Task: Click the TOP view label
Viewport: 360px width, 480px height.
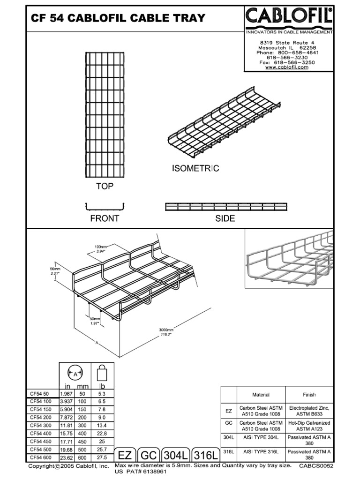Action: (x=105, y=187)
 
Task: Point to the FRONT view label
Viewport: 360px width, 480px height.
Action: (x=105, y=218)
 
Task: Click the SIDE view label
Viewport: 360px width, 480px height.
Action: (x=225, y=218)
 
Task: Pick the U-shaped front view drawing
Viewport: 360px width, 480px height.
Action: (x=105, y=206)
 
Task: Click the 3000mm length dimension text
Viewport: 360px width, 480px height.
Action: (x=165, y=330)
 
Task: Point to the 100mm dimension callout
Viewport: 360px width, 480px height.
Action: (x=101, y=247)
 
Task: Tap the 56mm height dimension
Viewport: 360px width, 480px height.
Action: (x=56, y=269)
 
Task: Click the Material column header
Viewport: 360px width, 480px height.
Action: (x=261, y=395)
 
